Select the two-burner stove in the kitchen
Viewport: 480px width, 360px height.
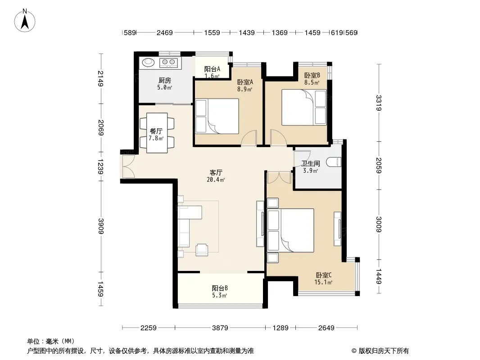click(x=168, y=63)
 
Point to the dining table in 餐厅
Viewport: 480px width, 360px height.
click(x=157, y=133)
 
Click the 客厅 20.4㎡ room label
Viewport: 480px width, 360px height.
click(x=216, y=176)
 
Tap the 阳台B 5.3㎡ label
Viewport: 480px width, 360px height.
click(x=219, y=292)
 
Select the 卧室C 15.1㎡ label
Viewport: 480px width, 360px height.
click(x=324, y=279)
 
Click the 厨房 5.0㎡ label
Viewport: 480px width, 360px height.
click(x=165, y=84)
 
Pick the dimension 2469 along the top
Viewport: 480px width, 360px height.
click(x=165, y=32)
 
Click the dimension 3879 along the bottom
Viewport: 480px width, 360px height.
click(x=220, y=328)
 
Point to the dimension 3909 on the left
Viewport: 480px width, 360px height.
click(x=101, y=226)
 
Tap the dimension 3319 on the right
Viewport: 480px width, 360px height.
click(x=379, y=103)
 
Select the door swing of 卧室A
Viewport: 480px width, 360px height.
click(x=249, y=138)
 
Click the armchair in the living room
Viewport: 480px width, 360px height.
click(x=202, y=249)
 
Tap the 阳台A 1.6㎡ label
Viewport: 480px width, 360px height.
click(x=212, y=72)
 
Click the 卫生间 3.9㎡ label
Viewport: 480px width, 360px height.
click(x=310, y=167)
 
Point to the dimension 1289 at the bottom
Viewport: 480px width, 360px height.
click(x=281, y=328)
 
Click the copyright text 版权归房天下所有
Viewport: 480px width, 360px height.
click(x=383, y=351)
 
